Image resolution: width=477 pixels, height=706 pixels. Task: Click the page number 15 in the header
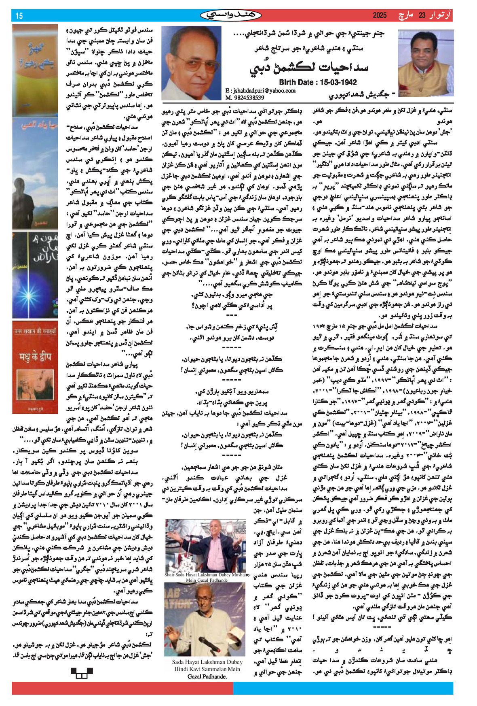[x=19, y=16]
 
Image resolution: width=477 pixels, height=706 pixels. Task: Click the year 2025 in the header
[x=380, y=15]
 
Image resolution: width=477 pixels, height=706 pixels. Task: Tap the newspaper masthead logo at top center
[x=231, y=15]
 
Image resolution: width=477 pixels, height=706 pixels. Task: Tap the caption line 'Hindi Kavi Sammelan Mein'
[x=207, y=669]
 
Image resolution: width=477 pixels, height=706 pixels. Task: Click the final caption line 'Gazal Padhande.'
[x=207, y=676]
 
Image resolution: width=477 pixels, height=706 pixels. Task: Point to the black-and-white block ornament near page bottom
[x=82, y=673]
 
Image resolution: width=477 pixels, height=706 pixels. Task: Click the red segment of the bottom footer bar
[x=121, y=688]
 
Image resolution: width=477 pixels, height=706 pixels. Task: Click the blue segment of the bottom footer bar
[x=344, y=688]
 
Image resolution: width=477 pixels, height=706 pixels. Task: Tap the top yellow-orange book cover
[x=35, y=71]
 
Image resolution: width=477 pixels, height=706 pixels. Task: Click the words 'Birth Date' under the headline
[x=293, y=82]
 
